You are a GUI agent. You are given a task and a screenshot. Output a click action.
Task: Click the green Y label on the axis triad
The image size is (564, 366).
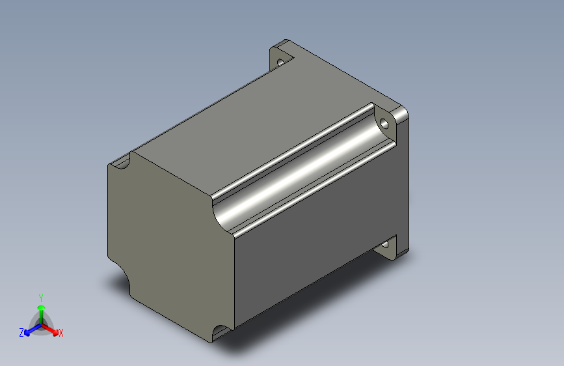coord(41,298)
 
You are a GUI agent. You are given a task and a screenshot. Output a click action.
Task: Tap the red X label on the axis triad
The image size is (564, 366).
coord(60,333)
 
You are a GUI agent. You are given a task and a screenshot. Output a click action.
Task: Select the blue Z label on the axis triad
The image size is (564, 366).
coord(21,333)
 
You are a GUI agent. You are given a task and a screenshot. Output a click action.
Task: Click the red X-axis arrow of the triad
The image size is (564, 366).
coord(50,330)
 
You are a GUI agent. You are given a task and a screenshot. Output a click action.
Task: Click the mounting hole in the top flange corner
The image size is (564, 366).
coord(280,62)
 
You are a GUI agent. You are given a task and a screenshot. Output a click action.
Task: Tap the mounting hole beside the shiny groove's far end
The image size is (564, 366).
coord(384,124)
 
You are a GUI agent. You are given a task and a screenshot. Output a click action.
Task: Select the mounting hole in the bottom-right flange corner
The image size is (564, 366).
coord(385,245)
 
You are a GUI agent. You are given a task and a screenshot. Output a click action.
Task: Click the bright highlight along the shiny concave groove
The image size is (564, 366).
coord(302,172)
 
